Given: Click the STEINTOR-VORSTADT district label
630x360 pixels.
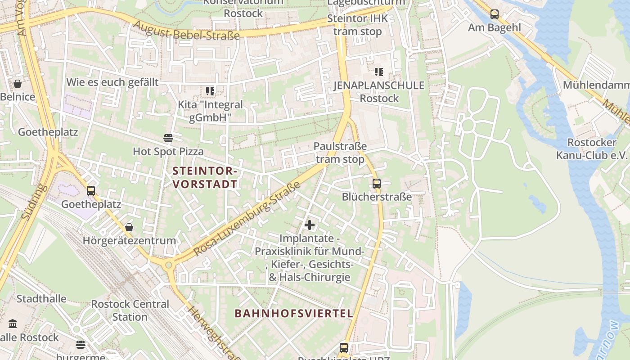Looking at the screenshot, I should click(205, 178).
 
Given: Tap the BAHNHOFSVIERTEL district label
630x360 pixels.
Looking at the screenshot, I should click(294, 314).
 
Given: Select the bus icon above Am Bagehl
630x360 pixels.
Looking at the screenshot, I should click(495, 14).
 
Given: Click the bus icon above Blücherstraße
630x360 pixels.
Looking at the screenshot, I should click(377, 184).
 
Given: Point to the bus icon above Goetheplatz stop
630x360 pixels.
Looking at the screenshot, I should click(91, 191).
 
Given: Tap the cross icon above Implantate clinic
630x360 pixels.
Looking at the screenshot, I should click(310, 225).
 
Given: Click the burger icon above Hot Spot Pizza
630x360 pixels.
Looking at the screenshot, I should click(168, 138).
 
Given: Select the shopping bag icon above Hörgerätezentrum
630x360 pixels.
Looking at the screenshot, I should click(129, 227).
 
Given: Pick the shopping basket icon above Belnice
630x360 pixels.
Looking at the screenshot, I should click(18, 84).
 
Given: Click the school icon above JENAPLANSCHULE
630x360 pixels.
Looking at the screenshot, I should click(379, 72).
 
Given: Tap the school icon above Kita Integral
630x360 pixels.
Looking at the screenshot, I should click(210, 91).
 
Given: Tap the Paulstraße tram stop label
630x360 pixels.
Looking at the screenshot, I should click(340, 153).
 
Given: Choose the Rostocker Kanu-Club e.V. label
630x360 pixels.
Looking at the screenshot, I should click(592, 149).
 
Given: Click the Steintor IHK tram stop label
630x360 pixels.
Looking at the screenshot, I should click(358, 25).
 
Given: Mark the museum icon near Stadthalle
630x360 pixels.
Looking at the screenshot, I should click(13, 324).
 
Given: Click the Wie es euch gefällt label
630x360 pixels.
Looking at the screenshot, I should click(112, 82).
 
